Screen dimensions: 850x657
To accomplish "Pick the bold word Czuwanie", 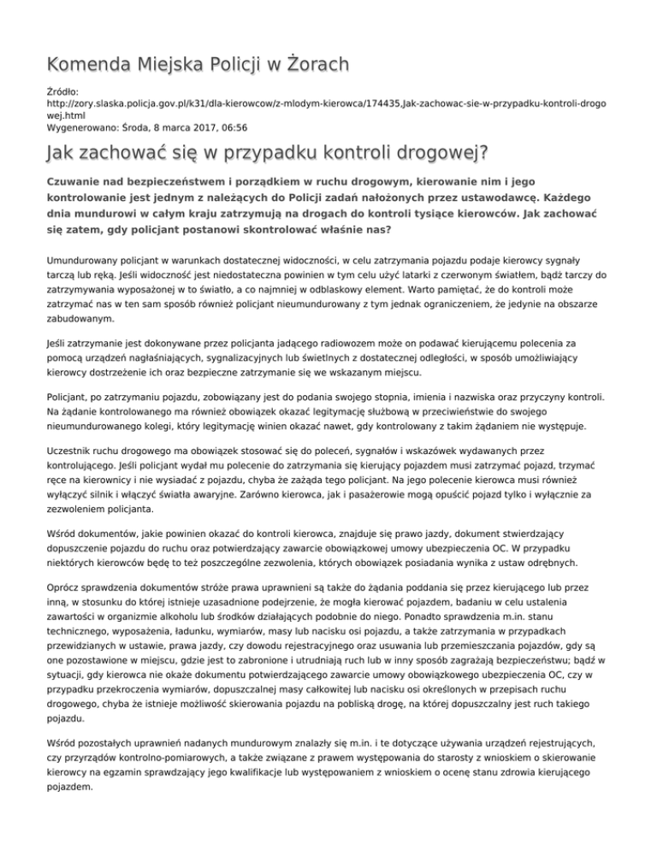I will (x=76, y=182).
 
